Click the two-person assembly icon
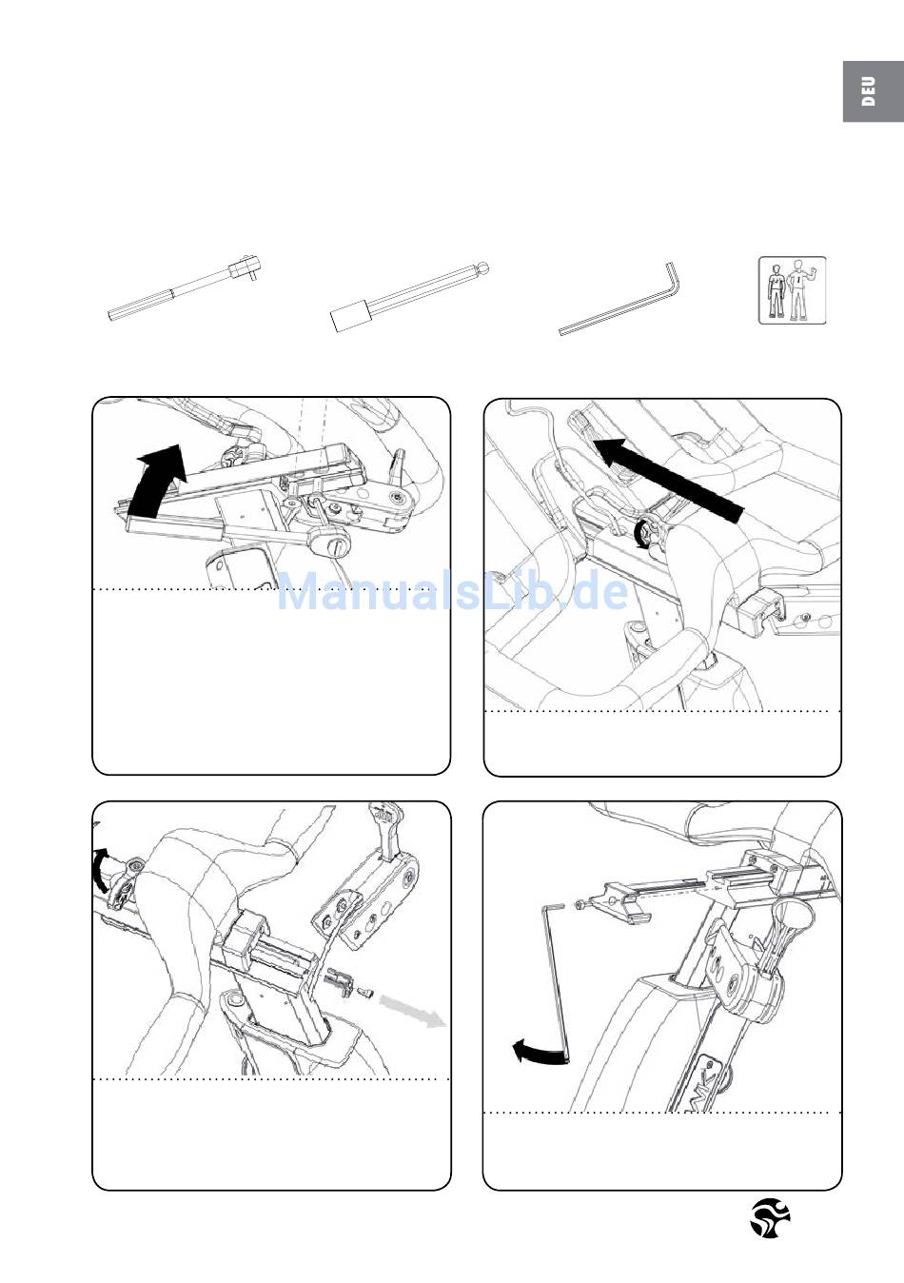(792, 289)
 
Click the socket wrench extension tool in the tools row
(185, 289)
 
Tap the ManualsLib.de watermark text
(453, 593)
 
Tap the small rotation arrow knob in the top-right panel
(647, 535)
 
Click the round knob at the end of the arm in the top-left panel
(337, 546)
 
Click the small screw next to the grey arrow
(363, 994)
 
